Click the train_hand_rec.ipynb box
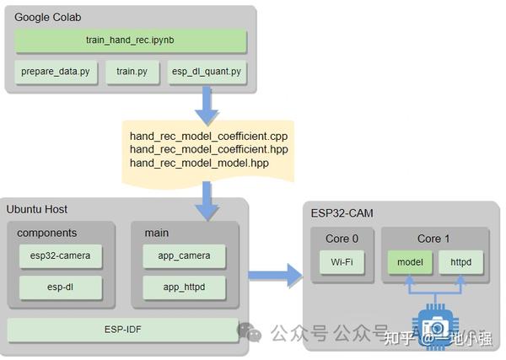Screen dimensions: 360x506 pyautogui.click(x=131, y=40)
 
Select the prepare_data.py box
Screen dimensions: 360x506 pyautogui.click(x=56, y=72)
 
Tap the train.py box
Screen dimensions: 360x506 pyautogui.click(x=132, y=72)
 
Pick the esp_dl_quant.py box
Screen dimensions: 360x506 pyautogui.click(x=207, y=72)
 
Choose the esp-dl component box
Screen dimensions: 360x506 pyautogui.click(x=60, y=287)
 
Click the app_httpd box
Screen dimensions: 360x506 pyautogui.click(x=184, y=287)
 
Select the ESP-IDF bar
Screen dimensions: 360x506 pyautogui.click(x=122, y=329)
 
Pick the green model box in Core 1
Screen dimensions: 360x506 pyautogui.click(x=409, y=262)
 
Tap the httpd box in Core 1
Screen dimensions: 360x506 pyautogui.click(x=460, y=262)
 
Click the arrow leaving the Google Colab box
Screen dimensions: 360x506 pyautogui.click(x=207, y=105)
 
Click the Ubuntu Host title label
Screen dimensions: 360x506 pyautogui.click(x=37, y=208)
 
